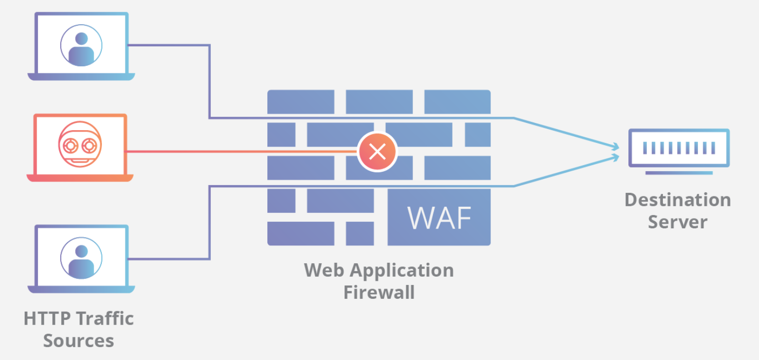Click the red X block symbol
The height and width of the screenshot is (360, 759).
(x=378, y=151)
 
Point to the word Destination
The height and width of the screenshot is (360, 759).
(x=677, y=200)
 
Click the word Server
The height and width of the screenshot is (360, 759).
(x=677, y=222)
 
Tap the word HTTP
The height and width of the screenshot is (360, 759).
(x=46, y=318)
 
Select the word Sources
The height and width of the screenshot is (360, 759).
(x=78, y=340)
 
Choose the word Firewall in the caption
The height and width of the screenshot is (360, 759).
(x=378, y=292)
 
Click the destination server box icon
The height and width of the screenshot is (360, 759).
(x=679, y=148)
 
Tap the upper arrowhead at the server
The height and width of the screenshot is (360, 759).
(x=616, y=147)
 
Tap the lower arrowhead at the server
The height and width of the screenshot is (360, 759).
(x=616, y=156)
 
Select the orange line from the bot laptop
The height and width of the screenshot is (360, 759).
(x=242, y=152)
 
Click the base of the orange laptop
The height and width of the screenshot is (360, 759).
(x=80, y=178)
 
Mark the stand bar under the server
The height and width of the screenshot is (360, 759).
(x=679, y=173)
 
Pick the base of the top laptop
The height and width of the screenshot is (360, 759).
(x=81, y=77)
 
